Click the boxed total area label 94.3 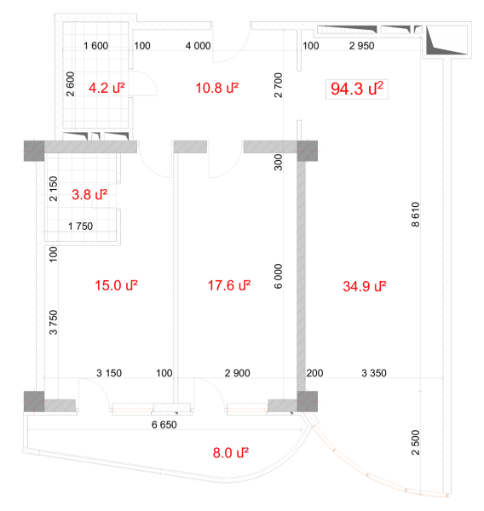pos(357,89)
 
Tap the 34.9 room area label pos(365,286)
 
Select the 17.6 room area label pos(229,285)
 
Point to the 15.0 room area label pos(116,285)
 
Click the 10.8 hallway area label pos(217,88)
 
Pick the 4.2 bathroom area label pos(107,88)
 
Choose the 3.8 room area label pos(89,194)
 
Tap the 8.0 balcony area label pos(231,453)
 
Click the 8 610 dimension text pos(415,215)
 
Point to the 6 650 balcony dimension pos(164,425)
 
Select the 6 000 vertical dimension pos(278,276)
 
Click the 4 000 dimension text pos(198,46)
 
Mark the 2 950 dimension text pos(361,46)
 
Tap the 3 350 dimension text pos(374,373)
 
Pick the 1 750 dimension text pos(80,227)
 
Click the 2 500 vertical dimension pos(415,443)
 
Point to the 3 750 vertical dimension pos(53,322)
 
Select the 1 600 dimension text pos(95,46)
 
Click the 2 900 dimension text pos(237,373)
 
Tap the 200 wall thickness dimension pos(314,373)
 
